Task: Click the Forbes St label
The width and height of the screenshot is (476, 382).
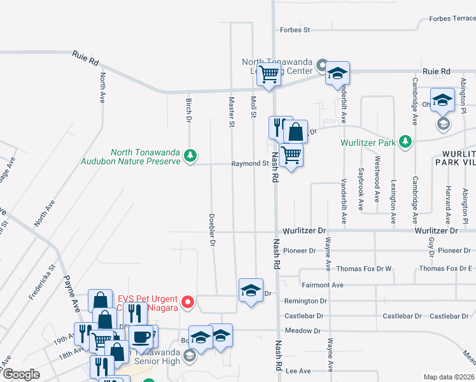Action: coord(294,29)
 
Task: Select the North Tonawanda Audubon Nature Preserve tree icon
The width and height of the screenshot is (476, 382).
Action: coord(189,155)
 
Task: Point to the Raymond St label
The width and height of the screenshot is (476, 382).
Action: coord(249,164)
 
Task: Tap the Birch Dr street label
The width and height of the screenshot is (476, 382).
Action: coord(188,111)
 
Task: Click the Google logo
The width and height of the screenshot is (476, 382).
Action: coord(20,374)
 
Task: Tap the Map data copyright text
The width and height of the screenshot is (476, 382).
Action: coord(449,377)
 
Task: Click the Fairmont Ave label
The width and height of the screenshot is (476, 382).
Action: coord(322,285)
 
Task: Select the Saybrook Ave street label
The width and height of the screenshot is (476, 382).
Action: coord(360,189)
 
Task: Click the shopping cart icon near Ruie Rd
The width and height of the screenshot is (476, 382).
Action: coord(269,74)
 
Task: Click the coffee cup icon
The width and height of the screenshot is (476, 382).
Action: coord(141,336)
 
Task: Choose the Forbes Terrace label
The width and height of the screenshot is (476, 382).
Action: coord(452,18)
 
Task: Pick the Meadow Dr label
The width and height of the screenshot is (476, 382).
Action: coord(302,330)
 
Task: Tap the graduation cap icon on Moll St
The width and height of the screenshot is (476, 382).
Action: coord(251,291)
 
